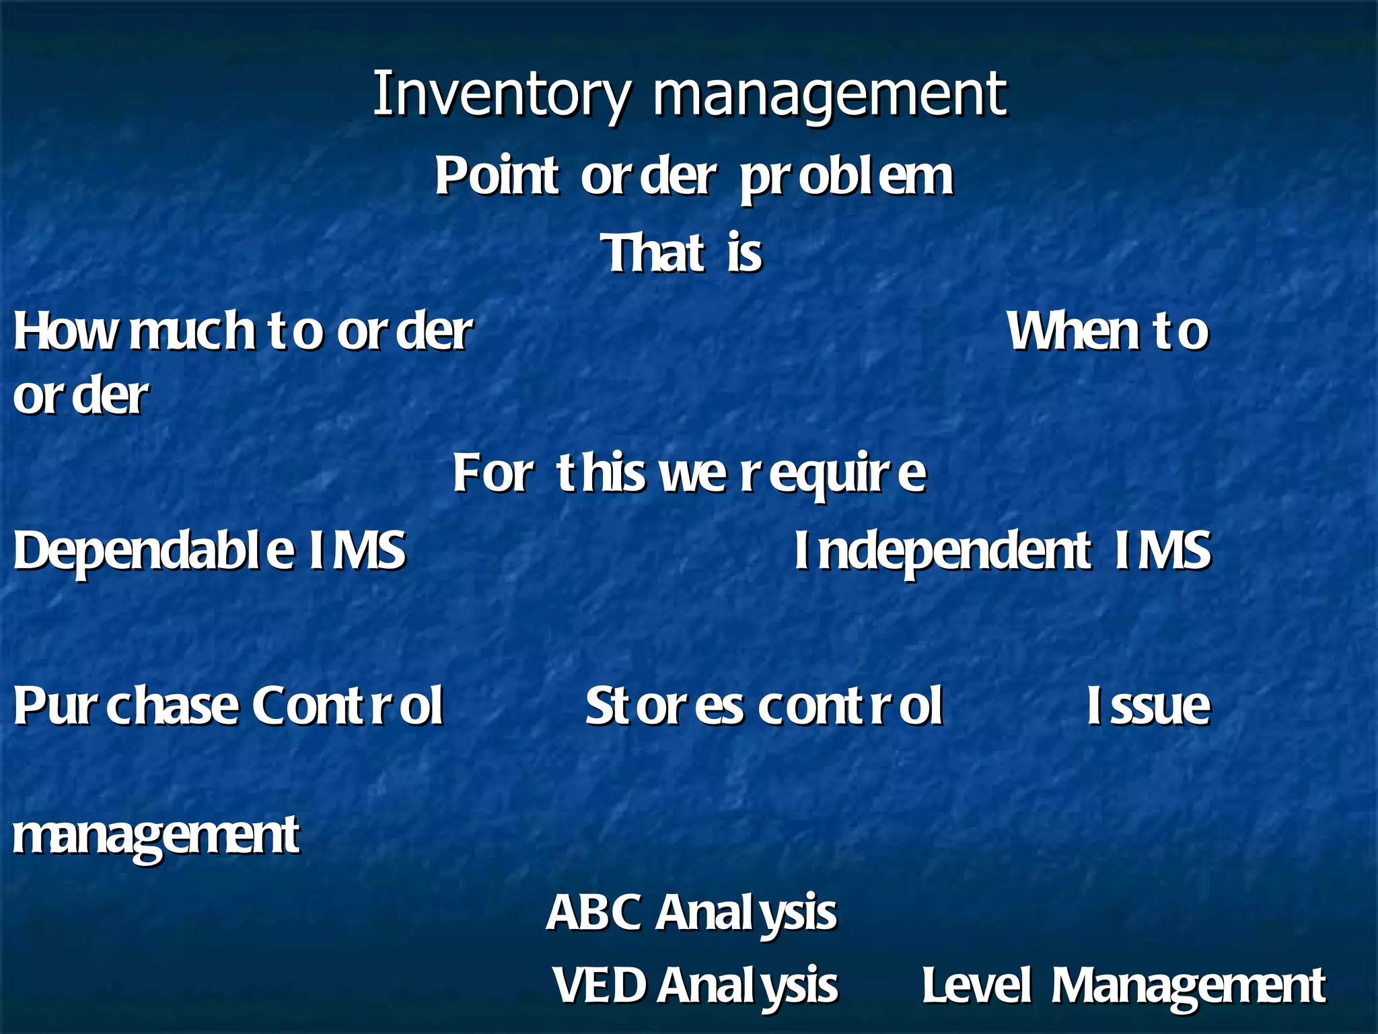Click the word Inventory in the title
click(502, 94)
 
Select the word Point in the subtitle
click(497, 176)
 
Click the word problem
click(846, 178)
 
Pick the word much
click(192, 331)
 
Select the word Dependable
click(153, 551)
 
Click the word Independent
click(942, 551)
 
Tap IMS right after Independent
click(1163, 551)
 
